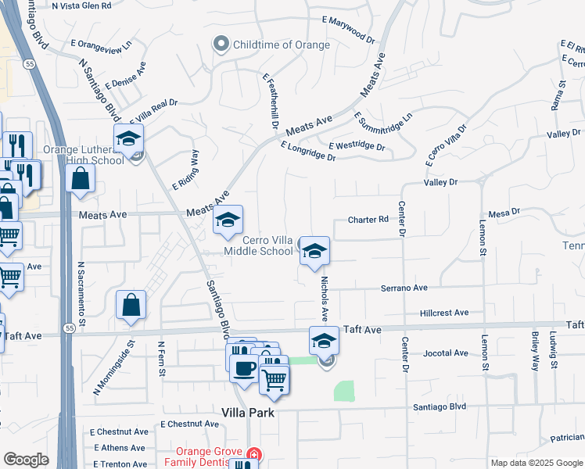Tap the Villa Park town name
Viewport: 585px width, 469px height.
coord(248,413)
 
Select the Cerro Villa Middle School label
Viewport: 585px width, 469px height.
coord(258,245)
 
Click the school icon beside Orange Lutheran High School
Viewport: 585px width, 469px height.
coord(129,140)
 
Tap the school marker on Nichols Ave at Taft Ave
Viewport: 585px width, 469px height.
coord(325,342)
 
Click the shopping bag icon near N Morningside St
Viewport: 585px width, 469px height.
coord(131,306)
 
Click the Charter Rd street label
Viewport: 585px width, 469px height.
coord(368,220)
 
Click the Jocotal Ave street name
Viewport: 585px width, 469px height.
coord(445,353)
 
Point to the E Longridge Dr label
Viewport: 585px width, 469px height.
coord(307,151)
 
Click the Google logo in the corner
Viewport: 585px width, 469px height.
coord(27,460)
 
